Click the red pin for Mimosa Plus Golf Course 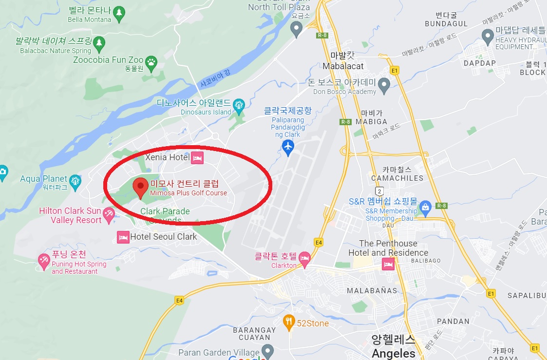point(141,187)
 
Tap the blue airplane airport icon point(288,146)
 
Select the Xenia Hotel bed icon point(197,157)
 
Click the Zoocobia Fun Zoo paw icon point(152,61)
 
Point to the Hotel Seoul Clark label point(164,237)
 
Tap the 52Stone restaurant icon point(289,322)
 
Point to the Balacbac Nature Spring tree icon point(99,43)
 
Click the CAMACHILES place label point(397,178)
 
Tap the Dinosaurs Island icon point(239,104)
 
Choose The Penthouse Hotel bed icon point(388,264)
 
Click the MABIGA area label point(371,121)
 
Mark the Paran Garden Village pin point(267,350)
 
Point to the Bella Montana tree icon point(119,11)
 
